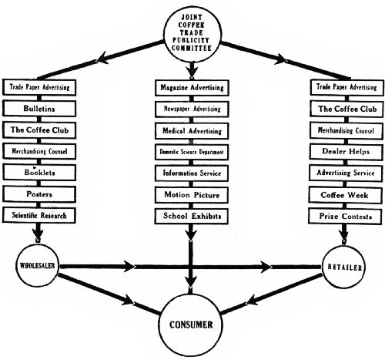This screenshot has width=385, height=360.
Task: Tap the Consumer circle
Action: (x=192, y=325)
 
